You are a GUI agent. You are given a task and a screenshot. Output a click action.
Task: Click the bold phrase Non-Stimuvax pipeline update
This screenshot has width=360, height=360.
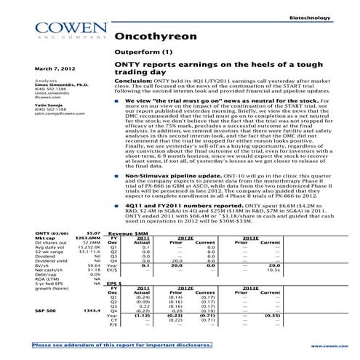coord(167,176)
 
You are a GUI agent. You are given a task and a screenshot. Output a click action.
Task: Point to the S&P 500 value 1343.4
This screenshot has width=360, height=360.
coord(91,311)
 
